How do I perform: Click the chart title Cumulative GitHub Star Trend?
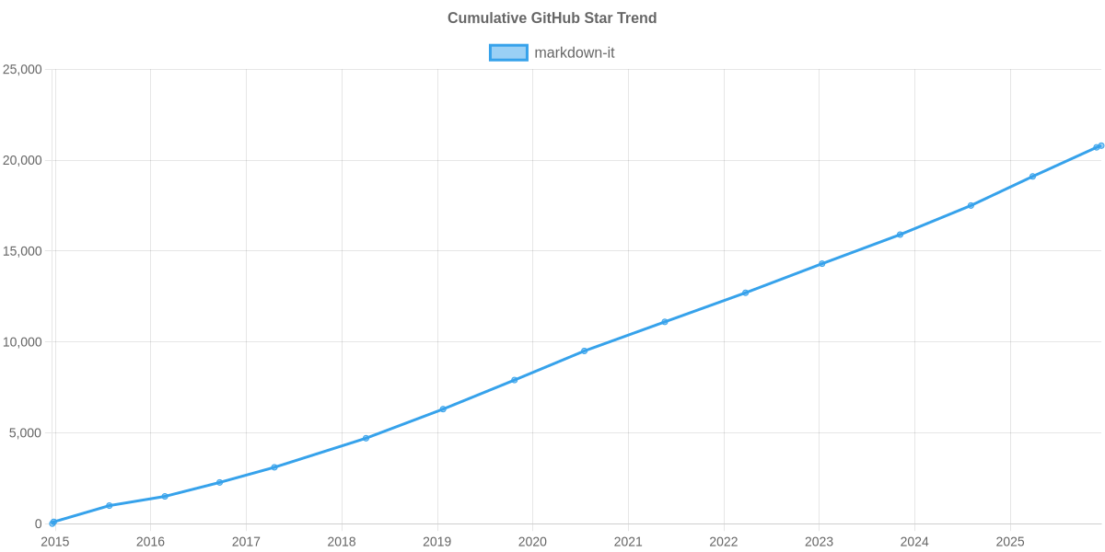click(x=552, y=18)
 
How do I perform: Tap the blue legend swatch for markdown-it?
click(x=507, y=52)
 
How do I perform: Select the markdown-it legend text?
click(x=574, y=52)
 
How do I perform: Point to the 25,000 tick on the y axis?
click(x=23, y=70)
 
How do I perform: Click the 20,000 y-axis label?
click(x=23, y=161)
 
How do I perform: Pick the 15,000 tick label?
click(x=23, y=251)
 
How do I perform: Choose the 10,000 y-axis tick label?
click(x=23, y=342)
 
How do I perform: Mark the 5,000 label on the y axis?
click(x=26, y=433)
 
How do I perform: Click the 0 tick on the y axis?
click(x=39, y=524)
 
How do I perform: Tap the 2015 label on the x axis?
click(x=54, y=542)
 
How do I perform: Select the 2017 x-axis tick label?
click(x=246, y=542)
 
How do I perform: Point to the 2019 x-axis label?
click(x=436, y=542)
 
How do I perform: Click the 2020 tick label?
click(x=532, y=542)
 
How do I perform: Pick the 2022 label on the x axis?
click(x=724, y=542)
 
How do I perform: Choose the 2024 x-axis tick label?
click(x=914, y=542)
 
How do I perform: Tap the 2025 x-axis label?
click(x=1010, y=542)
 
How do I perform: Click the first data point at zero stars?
click(x=52, y=523)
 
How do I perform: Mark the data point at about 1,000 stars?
click(x=110, y=505)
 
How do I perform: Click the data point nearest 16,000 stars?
click(x=900, y=235)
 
